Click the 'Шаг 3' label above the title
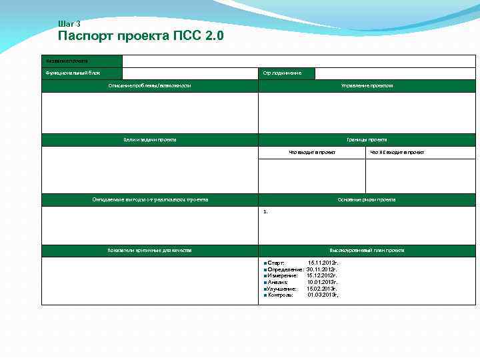(69, 24)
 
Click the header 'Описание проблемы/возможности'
(150, 85)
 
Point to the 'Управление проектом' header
(367, 85)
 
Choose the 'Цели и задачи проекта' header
(150, 139)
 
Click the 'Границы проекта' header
(367, 139)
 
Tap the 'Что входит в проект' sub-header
(312, 152)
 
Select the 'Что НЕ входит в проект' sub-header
(397, 152)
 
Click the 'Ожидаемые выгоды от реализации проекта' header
(150, 199)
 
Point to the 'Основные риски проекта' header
(367, 199)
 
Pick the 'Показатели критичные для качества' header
(150, 250)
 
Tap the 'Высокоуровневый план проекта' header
(367, 250)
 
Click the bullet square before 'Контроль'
(265, 295)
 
